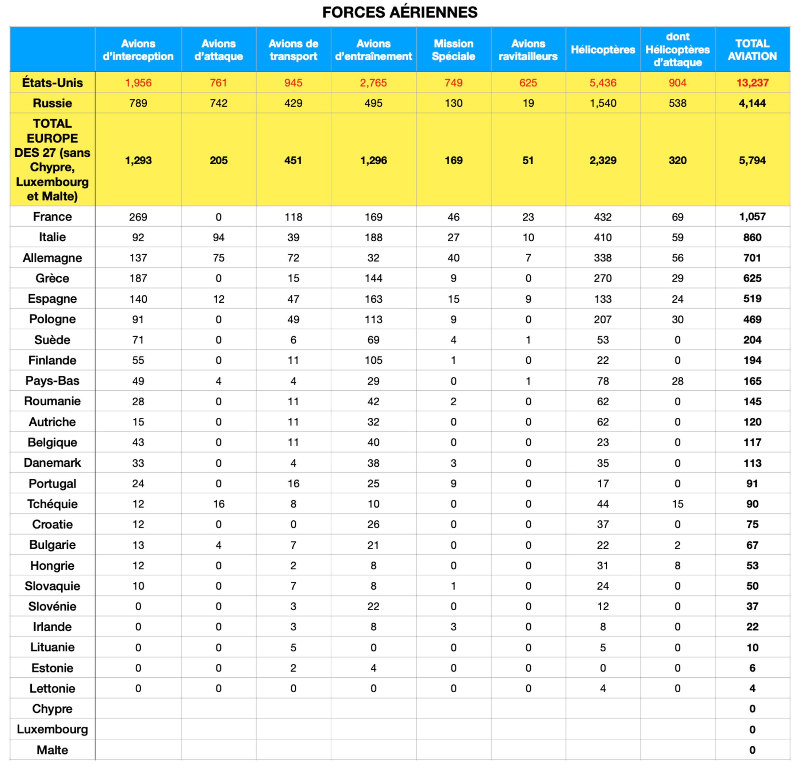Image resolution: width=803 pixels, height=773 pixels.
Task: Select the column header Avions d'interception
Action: pos(138,50)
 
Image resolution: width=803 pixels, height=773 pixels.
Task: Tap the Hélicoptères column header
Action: pos(603,50)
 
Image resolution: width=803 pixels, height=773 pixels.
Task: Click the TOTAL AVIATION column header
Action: pos(752,50)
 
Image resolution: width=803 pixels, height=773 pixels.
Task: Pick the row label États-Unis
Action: pos(53,83)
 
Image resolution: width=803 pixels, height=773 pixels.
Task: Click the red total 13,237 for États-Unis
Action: pos(752,83)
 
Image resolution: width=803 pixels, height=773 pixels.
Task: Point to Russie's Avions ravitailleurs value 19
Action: pos(528,103)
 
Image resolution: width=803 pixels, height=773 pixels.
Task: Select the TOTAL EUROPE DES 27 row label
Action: pos(53,160)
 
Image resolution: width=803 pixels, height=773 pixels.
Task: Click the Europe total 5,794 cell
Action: pos(752,160)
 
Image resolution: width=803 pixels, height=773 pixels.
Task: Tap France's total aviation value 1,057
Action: pos(752,217)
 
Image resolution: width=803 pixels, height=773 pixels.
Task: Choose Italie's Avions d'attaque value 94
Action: pos(218,237)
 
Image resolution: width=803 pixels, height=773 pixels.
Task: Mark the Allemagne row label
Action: pos(53,258)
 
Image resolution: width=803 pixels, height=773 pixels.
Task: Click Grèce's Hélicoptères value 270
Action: pos(603,278)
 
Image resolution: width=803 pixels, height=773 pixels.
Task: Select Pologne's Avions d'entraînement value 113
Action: pos(373,319)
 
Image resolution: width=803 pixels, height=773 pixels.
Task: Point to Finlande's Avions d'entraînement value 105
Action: pos(373,360)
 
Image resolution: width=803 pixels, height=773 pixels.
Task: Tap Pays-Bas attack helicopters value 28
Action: pos(677,381)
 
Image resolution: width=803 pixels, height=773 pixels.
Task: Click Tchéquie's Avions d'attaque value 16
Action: pos(218,504)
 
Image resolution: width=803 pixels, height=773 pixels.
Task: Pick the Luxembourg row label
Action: pos(53,729)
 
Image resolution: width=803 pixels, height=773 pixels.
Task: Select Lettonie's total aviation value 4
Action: pos(752,688)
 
